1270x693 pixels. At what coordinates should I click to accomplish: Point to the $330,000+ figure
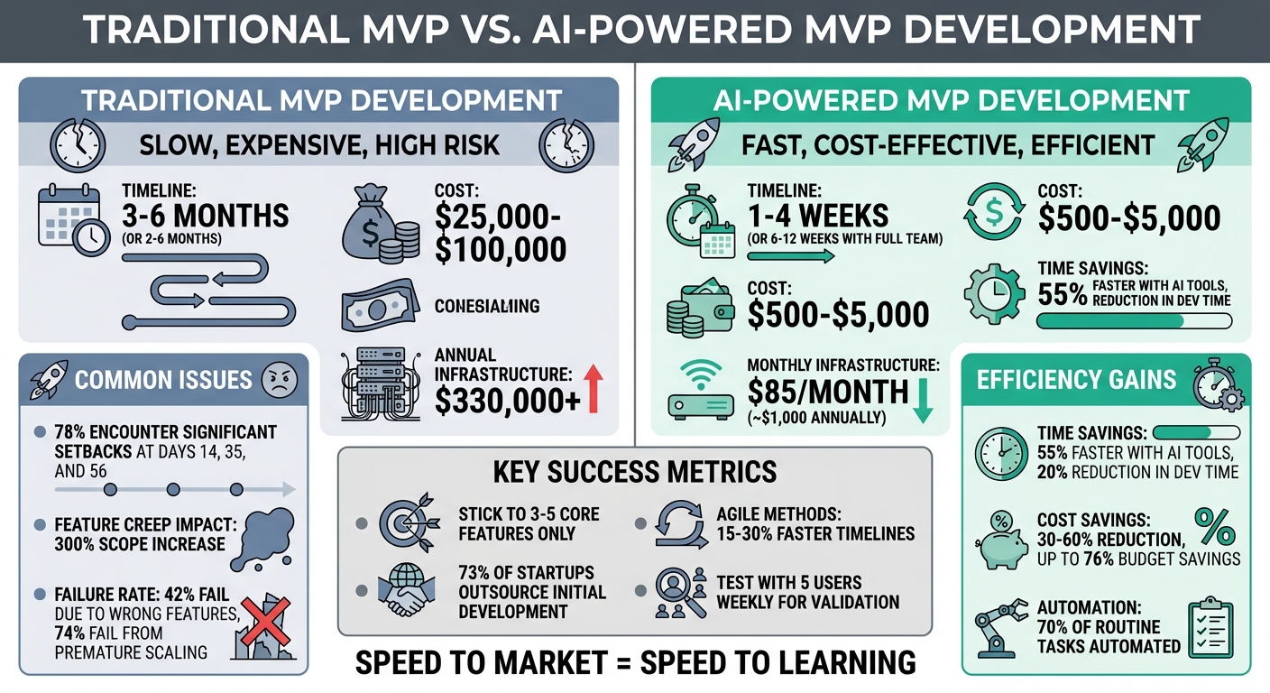(507, 401)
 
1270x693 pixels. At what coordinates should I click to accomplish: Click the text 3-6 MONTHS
(206, 216)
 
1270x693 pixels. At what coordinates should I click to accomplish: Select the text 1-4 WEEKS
(818, 216)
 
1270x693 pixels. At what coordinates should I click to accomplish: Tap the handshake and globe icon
(404, 593)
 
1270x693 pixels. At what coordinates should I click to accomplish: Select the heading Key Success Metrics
(634, 472)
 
